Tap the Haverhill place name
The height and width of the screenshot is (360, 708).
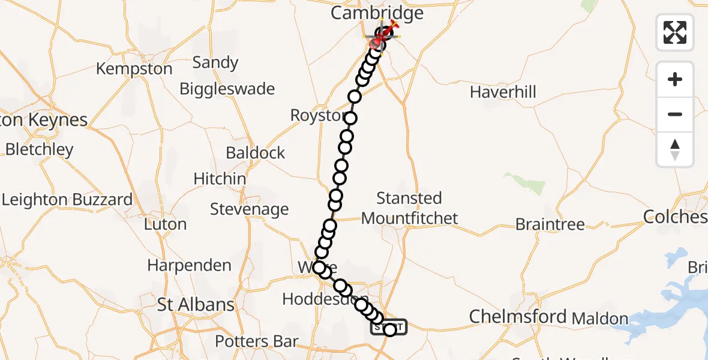point(503,92)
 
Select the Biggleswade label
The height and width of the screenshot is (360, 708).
point(227,89)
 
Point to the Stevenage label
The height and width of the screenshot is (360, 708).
point(249,209)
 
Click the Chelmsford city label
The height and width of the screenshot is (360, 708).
point(518,316)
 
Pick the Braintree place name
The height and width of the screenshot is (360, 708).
point(550,224)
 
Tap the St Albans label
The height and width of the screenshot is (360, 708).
point(196,305)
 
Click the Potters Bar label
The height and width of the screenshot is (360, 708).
point(257,342)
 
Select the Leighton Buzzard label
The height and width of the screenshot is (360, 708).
point(67,200)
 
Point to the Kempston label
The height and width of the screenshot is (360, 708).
point(134,69)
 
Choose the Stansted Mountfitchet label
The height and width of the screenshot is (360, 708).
point(410,208)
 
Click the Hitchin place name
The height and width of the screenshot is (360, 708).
point(220,179)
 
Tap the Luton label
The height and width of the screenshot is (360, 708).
point(165,224)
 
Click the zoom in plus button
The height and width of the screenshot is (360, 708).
point(675,79)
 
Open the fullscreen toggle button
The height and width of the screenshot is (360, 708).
point(675,32)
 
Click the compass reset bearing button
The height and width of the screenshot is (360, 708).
point(675,149)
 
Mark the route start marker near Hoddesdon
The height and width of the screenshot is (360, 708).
point(389,328)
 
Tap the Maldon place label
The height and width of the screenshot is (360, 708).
point(599,319)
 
